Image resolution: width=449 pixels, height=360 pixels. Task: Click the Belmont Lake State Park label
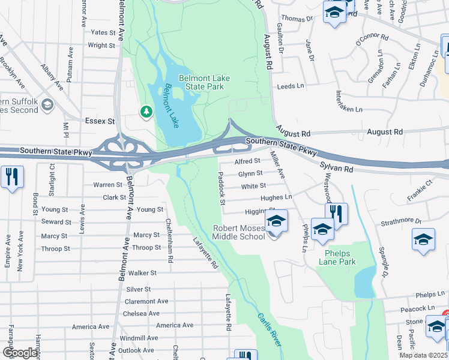202,82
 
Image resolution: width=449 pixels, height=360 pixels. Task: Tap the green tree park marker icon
146,112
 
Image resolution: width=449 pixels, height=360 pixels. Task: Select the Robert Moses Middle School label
239,232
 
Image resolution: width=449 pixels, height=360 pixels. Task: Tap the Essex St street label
100,121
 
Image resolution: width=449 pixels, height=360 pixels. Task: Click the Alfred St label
247,161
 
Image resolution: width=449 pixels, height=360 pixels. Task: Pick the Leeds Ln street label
291,86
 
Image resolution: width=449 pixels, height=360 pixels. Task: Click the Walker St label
143,273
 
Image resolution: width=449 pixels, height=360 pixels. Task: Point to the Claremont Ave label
146,301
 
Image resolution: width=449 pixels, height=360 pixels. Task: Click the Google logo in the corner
20,353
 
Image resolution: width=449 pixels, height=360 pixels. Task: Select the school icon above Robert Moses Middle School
276,221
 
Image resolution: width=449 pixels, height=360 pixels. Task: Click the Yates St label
103,32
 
